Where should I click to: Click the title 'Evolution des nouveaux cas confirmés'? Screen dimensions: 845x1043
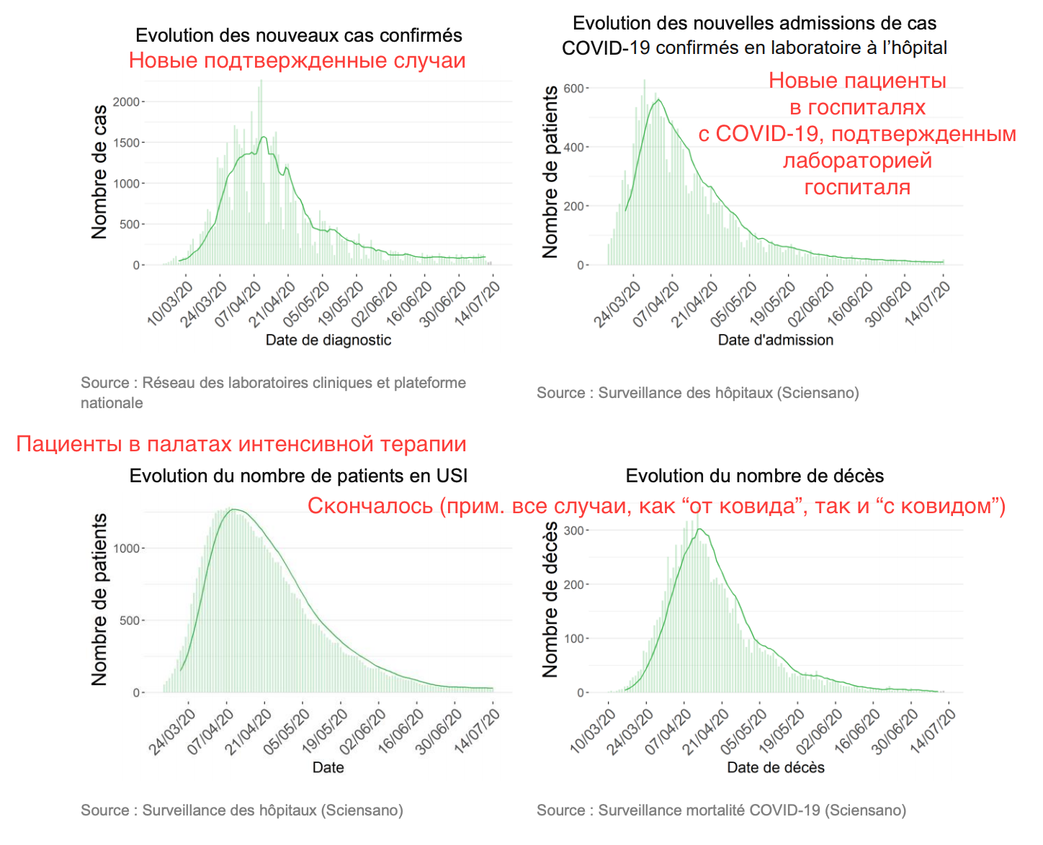pos(298,35)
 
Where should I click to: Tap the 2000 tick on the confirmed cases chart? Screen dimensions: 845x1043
pos(126,102)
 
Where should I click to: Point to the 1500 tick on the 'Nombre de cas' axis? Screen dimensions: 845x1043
pos(126,143)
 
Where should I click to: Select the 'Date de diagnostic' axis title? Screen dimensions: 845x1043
pos(328,340)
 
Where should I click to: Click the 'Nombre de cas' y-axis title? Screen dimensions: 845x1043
pos(99,171)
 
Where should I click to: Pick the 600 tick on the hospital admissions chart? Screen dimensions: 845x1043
pos(573,89)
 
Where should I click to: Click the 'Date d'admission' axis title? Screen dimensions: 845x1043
pos(775,340)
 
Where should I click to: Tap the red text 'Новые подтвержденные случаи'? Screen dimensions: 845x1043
pos(297,60)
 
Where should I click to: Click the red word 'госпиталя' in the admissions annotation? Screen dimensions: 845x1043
pos(857,187)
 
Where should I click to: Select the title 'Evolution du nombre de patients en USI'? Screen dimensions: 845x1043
pos(298,476)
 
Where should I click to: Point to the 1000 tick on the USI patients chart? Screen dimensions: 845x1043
pos(126,548)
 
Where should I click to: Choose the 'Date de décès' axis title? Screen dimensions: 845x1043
pos(775,767)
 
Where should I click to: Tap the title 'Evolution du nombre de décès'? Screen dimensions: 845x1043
pos(754,476)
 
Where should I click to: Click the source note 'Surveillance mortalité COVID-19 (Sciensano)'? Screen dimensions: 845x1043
pos(721,810)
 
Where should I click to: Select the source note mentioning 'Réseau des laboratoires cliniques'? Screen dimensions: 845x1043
pos(273,392)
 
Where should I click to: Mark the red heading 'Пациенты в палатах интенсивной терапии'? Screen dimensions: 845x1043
pos(241,444)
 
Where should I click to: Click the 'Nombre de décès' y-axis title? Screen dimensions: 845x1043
pos(550,599)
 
